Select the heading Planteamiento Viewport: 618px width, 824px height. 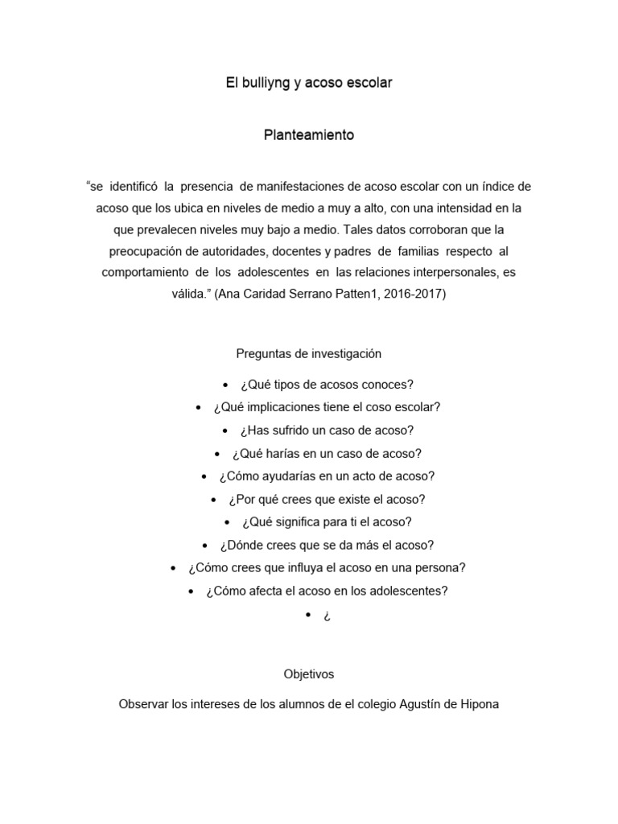click(309, 135)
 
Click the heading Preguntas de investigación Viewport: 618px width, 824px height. click(309, 353)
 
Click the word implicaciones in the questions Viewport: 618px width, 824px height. click(278, 407)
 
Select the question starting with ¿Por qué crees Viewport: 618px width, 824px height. click(327, 499)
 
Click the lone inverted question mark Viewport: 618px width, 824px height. click(328, 616)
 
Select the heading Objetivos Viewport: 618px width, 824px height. click(309, 674)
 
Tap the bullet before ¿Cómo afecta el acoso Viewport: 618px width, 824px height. click(191, 591)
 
